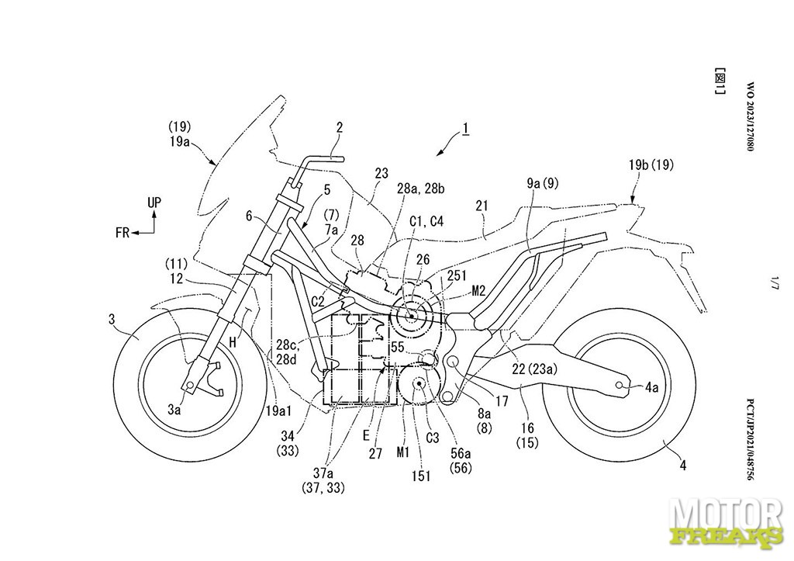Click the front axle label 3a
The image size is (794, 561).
coord(174,410)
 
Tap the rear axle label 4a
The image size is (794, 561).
coord(652,388)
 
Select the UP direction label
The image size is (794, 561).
coord(154,203)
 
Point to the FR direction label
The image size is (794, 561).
coord(122,233)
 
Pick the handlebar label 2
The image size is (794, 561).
coord(340,127)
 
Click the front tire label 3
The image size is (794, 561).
coord(112,320)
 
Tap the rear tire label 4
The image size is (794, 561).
coord(683,465)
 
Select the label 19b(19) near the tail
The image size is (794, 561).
coord(651,164)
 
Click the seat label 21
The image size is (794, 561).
coord(482,206)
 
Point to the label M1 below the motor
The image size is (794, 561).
coord(403,452)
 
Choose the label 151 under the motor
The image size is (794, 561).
coord(421,476)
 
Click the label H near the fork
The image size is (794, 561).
coord(233,343)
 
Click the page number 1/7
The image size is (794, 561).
coord(773,282)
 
